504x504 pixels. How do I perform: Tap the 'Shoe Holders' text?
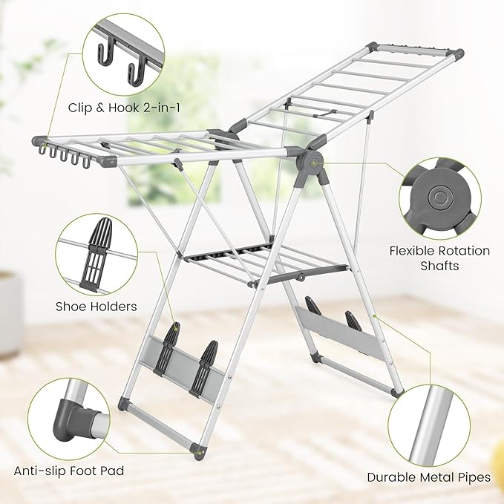click(x=96, y=306)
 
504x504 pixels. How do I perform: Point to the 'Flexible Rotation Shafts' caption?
click(x=439, y=258)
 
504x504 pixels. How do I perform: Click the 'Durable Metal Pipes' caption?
click(x=429, y=477)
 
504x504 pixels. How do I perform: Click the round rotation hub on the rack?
click(x=308, y=160)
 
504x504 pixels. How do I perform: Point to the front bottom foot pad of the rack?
click(x=197, y=451)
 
